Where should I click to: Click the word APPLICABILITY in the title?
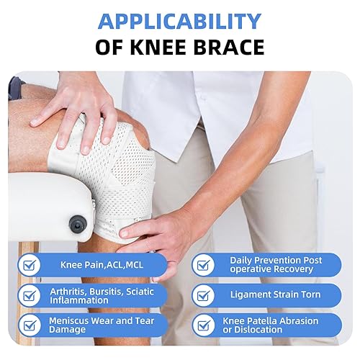179,21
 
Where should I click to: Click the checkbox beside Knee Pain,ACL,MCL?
29,265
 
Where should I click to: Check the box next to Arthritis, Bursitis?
29,294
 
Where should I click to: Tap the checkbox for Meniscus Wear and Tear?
29,325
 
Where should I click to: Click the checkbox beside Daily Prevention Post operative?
204,265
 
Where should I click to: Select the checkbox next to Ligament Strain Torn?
204,294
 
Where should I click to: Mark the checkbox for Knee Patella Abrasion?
204,325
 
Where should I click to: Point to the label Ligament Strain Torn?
275,294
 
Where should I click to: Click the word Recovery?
297,269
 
